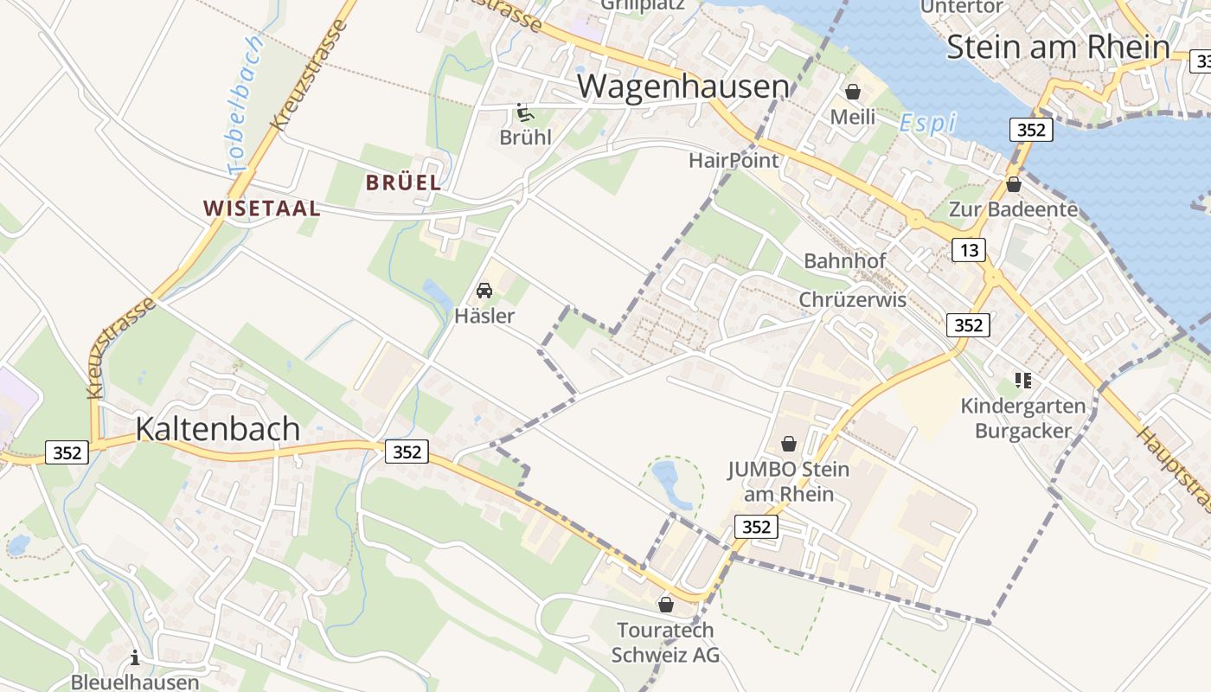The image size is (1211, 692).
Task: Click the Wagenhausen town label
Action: (683, 86)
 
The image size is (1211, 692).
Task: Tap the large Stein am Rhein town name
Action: (1058, 47)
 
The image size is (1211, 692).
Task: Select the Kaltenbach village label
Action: (218, 428)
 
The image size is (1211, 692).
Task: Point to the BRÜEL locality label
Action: (403, 183)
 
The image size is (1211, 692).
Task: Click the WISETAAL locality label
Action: (261, 208)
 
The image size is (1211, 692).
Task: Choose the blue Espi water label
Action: (927, 123)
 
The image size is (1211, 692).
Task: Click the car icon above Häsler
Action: (484, 291)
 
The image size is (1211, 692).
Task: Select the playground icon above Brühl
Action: (523, 112)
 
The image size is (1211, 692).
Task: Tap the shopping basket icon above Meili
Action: (853, 91)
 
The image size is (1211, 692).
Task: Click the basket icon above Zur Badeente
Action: (1013, 184)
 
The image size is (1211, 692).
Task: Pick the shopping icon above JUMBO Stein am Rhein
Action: (788, 444)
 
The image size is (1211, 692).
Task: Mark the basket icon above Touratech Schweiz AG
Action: (665, 605)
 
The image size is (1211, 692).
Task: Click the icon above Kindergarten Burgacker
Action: (1023, 381)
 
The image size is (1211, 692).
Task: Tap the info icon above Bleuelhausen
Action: (135, 658)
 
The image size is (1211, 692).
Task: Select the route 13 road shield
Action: (968, 250)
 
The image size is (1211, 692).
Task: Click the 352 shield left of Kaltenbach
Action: (67, 452)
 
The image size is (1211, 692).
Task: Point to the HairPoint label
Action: (734, 160)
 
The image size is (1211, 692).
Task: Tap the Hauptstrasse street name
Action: (1175, 471)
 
